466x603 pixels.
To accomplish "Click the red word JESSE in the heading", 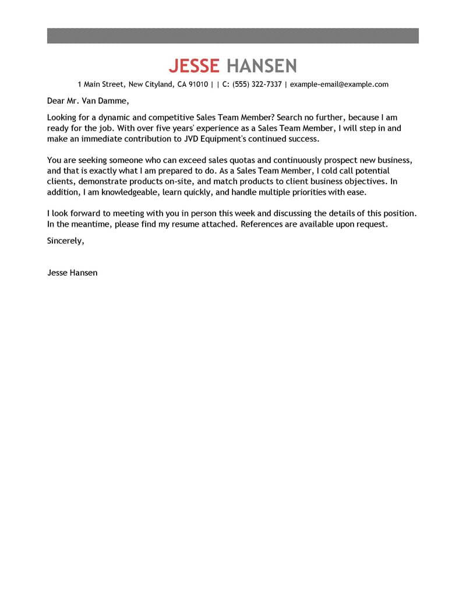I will point(193,65).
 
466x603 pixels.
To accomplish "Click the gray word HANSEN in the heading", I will point(262,65).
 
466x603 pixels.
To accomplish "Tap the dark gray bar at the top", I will point(232,35).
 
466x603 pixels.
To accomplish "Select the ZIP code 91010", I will point(198,84).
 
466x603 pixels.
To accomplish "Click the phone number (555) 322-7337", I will point(257,84).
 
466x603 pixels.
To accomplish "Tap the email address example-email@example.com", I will point(339,84).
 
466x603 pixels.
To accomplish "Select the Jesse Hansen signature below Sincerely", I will point(72,272).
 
